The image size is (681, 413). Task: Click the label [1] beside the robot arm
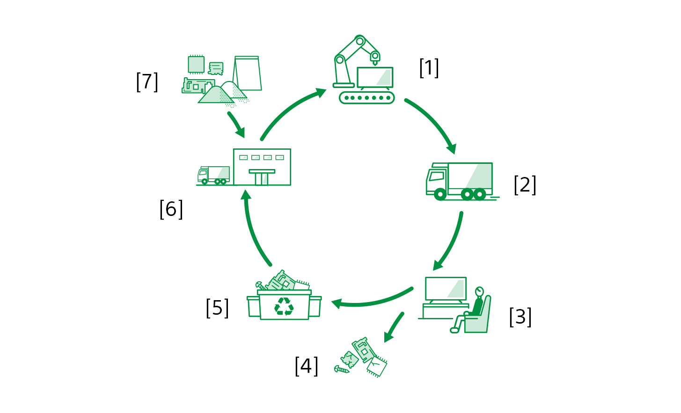[429, 68]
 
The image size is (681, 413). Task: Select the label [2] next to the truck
[525, 185]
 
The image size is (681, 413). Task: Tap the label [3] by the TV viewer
[520, 317]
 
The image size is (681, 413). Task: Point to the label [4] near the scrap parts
[307, 366]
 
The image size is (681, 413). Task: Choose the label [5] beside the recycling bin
[217, 308]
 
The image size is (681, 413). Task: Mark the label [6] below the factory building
[171, 209]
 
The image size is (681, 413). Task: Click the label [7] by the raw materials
[147, 82]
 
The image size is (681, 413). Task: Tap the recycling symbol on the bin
[284, 307]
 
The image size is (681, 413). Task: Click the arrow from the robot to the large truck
[433, 123]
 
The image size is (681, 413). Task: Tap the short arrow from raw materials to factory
[236, 124]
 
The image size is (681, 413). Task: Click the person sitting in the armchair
[474, 309]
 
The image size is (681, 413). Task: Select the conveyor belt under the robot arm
[366, 98]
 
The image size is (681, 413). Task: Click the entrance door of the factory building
[262, 178]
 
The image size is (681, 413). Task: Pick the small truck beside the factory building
[213, 175]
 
